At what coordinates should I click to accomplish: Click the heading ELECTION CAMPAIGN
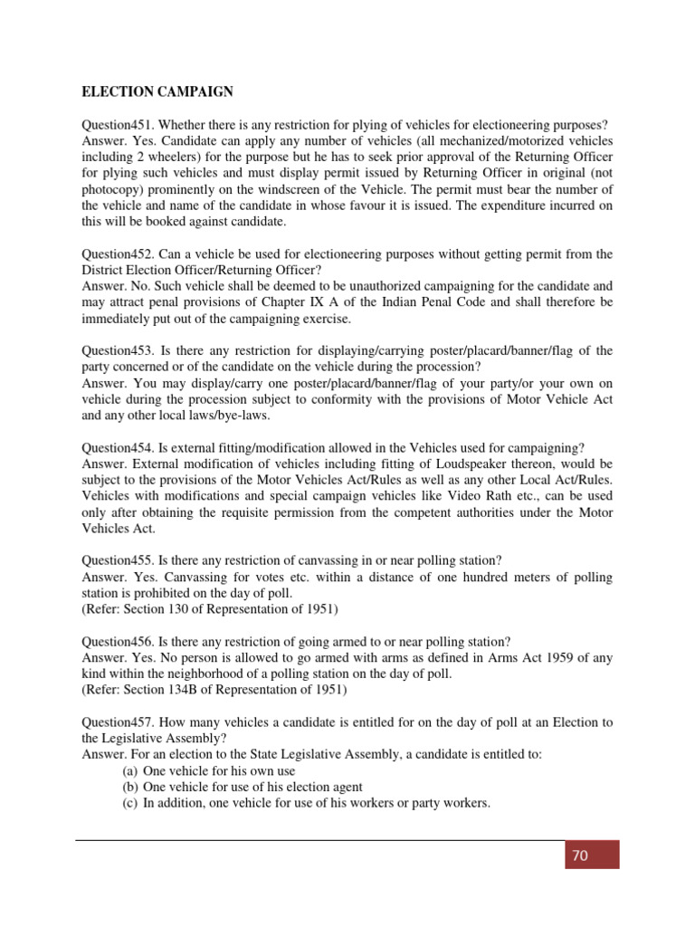(x=157, y=91)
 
